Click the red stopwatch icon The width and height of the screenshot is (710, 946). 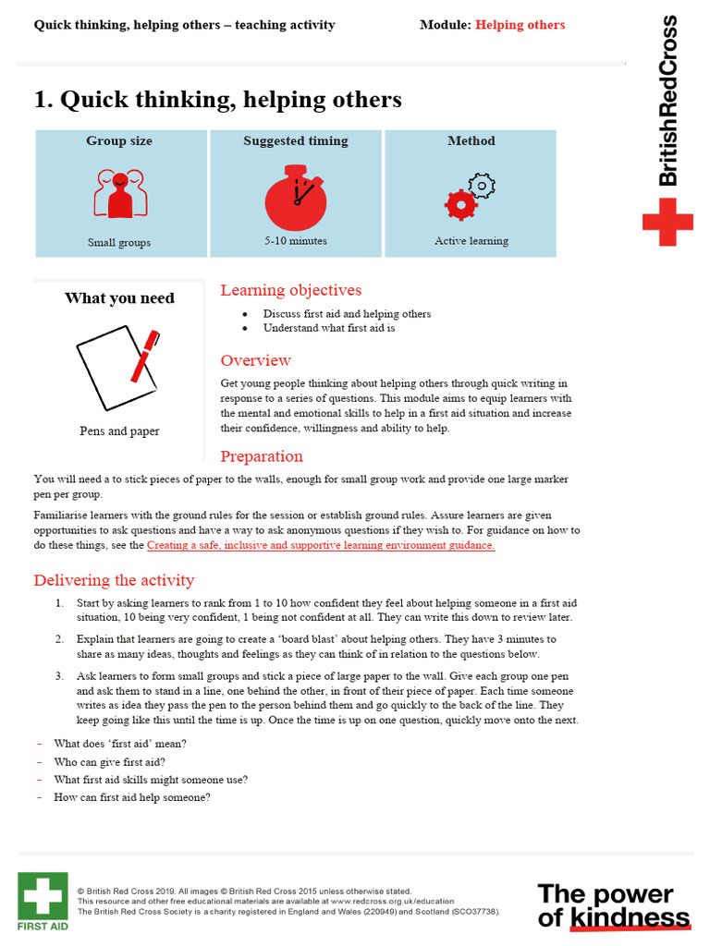coord(296,197)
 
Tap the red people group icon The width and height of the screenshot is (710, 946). coord(119,193)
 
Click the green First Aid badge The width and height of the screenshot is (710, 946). coord(43,902)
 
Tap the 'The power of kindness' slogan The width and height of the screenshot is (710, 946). coord(614,905)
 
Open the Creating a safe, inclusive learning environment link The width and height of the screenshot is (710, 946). coord(321,545)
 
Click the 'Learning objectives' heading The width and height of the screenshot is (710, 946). coord(290,290)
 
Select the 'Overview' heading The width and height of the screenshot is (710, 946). coord(255,360)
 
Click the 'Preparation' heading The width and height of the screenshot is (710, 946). coord(262,456)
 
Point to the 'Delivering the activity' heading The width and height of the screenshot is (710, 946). coord(114,580)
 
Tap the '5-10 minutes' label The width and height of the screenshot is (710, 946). coord(295,241)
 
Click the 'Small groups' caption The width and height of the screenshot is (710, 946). coord(119,242)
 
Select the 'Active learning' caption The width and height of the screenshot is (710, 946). coord(471,241)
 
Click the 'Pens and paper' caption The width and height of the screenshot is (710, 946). coord(119,431)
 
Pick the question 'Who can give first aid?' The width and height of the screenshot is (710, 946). coord(110,762)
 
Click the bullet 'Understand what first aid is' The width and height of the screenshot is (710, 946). coord(329,328)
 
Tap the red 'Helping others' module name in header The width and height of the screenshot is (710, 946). coord(520,25)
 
